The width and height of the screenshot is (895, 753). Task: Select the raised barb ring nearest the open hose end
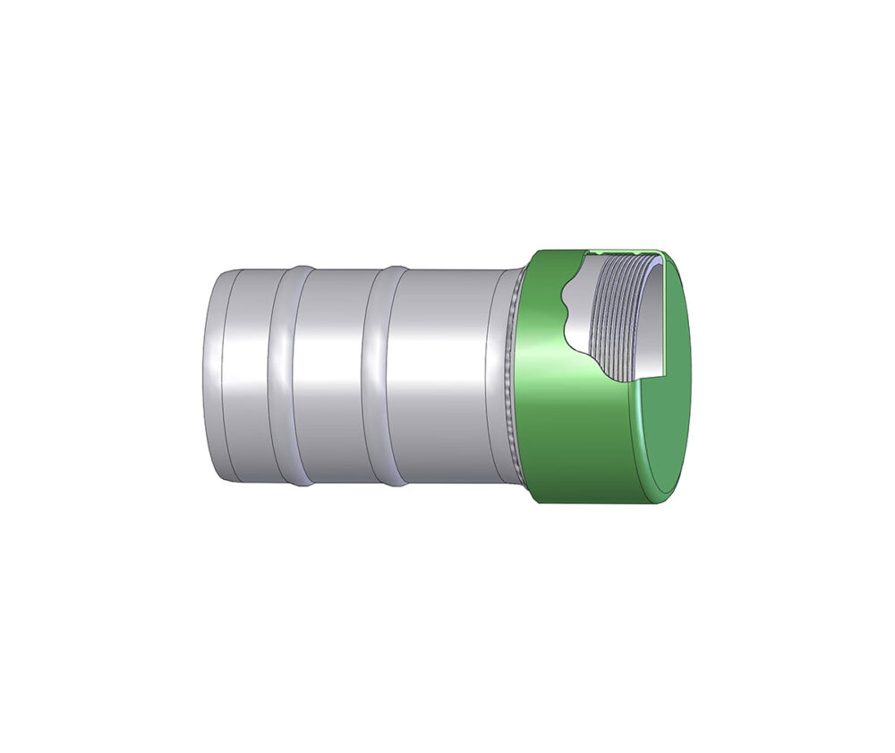(285, 376)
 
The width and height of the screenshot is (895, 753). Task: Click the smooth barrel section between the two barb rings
(331, 376)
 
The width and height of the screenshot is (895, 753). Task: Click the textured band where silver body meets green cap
(512, 376)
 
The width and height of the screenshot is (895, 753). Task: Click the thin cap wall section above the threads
(626, 253)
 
